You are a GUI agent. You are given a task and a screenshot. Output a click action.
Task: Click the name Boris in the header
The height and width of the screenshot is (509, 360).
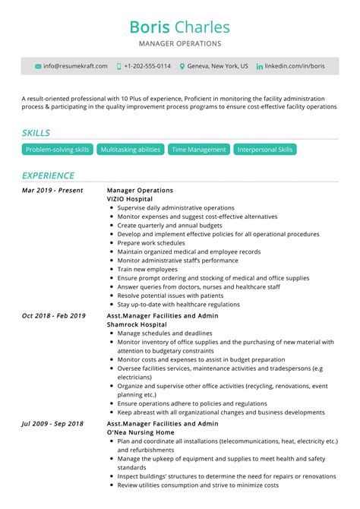point(150,27)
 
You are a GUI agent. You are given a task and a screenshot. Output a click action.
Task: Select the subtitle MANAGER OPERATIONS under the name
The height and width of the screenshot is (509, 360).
point(179,44)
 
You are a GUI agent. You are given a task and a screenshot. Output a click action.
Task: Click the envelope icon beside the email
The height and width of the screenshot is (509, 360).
point(39,67)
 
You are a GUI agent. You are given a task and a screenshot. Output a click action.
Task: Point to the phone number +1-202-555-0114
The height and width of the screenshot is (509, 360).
point(147,67)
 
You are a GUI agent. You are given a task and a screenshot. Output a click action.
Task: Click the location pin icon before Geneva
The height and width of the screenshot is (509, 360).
point(182,67)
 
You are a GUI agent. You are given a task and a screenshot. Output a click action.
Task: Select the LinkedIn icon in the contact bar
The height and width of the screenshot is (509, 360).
point(260,67)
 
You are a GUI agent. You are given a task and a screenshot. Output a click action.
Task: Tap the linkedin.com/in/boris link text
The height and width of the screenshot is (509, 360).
point(295,67)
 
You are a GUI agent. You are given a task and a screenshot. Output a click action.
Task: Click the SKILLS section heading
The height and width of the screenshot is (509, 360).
point(36,133)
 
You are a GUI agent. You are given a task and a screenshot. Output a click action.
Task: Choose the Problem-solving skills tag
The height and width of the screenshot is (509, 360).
point(58,150)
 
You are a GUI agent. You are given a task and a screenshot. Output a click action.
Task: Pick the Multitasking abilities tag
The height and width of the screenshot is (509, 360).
point(130,150)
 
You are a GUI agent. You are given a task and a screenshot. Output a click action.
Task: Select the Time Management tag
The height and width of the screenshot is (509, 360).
point(199,150)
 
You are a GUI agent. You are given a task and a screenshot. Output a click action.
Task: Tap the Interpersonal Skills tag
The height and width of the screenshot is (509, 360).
point(264,150)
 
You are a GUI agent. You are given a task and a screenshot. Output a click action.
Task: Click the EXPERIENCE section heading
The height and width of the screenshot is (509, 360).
point(48,175)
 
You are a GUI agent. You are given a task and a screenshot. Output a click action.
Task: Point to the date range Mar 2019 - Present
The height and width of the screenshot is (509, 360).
point(52,190)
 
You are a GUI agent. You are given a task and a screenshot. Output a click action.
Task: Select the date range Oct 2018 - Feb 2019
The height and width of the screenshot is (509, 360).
point(54,315)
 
